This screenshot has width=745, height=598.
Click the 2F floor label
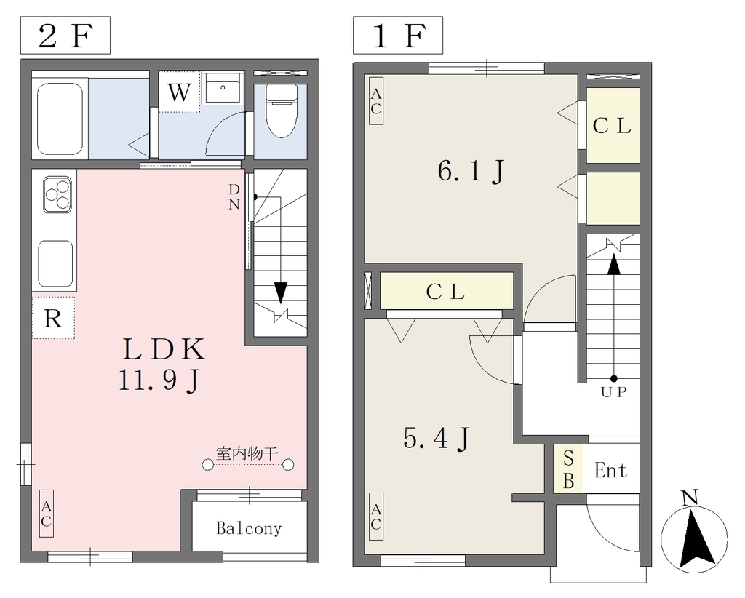pyautogui.click(x=65, y=36)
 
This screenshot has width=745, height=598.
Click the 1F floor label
pyautogui.click(x=398, y=36)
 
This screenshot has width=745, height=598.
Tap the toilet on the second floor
pyautogui.click(x=281, y=111)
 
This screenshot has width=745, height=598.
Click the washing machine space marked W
pyautogui.click(x=179, y=92)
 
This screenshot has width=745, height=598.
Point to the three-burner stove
pyautogui.click(x=57, y=194)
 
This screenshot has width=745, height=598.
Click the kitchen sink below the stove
pyautogui.click(x=55, y=263)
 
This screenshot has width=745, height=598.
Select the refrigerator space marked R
pyautogui.click(x=53, y=318)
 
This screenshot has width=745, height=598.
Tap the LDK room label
pyautogui.click(x=164, y=349)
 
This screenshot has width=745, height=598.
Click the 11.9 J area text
pyautogui.click(x=159, y=380)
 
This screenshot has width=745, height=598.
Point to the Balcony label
pyautogui.click(x=249, y=528)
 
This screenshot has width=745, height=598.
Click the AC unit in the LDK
pyautogui.click(x=46, y=514)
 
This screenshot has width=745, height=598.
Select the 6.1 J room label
pyautogui.click(x=471, y=171)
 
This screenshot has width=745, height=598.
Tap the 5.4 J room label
pyautogui.click(x=437, y=438)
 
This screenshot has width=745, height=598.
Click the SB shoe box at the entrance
pyautogui.click(x=568, y=469)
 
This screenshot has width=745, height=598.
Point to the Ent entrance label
pyautogui.click(x=610, y=470)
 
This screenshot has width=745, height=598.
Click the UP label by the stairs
pyautogui.click(x=614, y=392)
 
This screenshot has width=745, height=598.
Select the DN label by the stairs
pyautogui.click(x=234, y=196)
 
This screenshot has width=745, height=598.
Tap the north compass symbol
pyautogui.click(x=694, y=533)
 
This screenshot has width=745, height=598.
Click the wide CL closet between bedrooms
pyautogui.click(x=447, y=291)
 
